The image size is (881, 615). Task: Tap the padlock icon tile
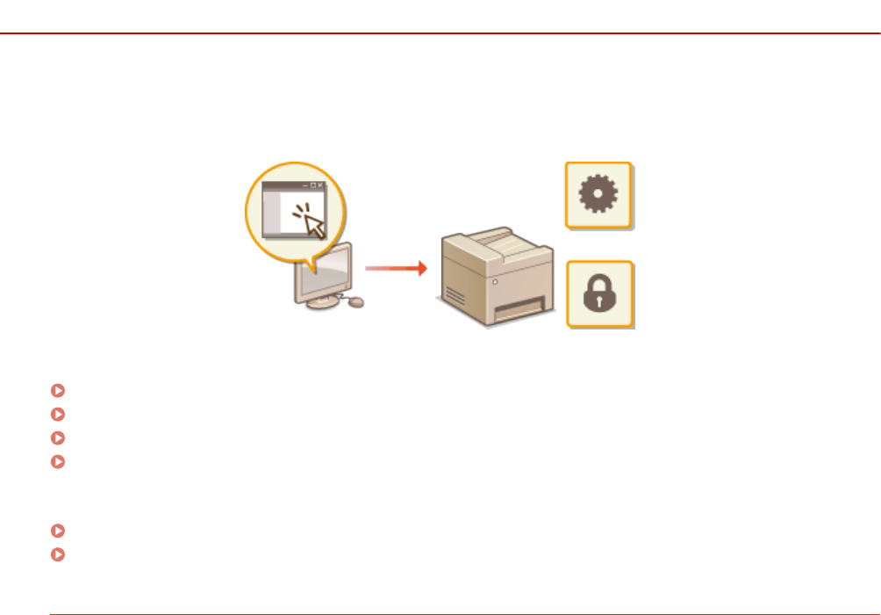tap(599, 294)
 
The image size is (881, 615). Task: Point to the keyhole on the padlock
tap(599, 300)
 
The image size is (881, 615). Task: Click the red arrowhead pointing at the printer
tap(422, 268)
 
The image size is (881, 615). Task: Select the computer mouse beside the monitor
tap(356, 302)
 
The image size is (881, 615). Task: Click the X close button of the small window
tap(320, 185)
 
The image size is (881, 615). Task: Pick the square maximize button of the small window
tap(312, 185)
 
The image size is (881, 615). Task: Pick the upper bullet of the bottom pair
tap(58, 531)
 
